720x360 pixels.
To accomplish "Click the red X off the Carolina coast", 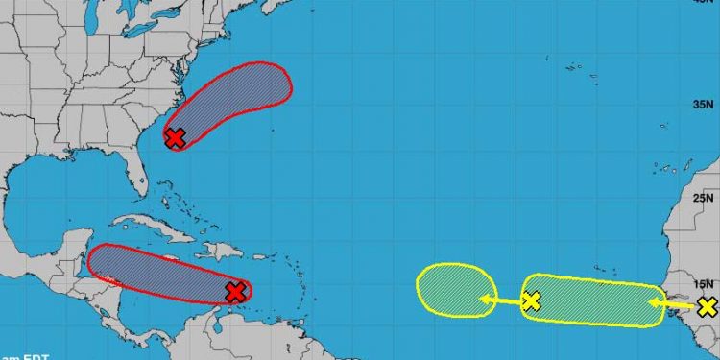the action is [x=175, y=137].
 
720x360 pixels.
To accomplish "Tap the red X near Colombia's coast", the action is [x=236, y=292].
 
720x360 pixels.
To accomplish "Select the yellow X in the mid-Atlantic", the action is [x=531, y=302].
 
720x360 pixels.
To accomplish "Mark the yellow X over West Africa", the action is [x=708, y=307].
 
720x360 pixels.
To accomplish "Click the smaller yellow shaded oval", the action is [x=455, y=288].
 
